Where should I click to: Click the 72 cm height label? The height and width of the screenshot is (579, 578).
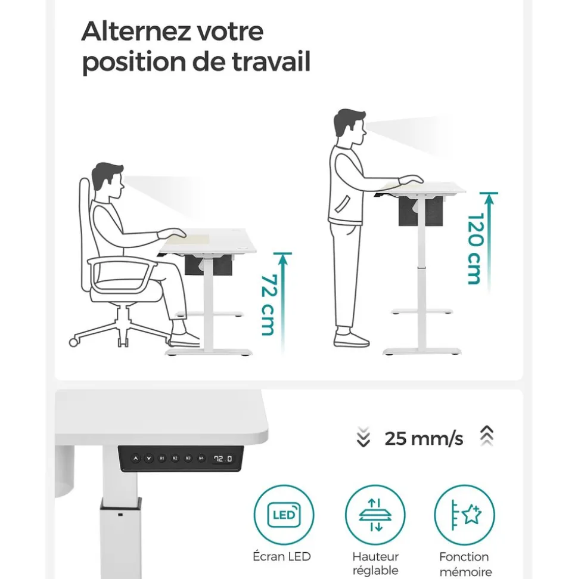[268, 305]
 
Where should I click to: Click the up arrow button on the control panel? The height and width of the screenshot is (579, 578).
[135, 459]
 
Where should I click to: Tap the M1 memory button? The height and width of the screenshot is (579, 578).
[161, 459]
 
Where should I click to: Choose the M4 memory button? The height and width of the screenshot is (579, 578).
[201, 459]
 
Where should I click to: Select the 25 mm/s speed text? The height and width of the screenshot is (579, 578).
[424, 439]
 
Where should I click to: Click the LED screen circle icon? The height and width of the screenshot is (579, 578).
[284, 515]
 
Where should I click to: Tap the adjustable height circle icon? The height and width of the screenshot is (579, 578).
[375, 515]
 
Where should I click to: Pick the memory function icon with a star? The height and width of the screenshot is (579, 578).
[464, 515]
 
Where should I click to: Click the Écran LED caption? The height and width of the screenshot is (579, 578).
[282, 556]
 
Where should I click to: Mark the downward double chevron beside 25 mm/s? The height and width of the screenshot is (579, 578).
[363, 438]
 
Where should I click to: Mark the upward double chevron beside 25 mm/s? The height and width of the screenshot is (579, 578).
[486, 437]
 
